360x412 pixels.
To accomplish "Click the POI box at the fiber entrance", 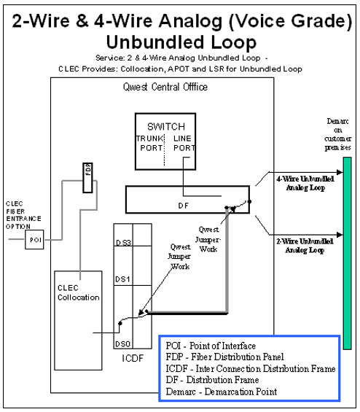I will pyautogui.click(x=34, y=240).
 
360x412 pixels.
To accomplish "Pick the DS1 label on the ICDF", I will pyautogui.click(x=124, y=279).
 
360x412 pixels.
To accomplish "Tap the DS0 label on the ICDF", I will pyautogui.click(x=124, y=343).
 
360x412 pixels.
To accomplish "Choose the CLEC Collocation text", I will pyautogui.click(x=79, y=292).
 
